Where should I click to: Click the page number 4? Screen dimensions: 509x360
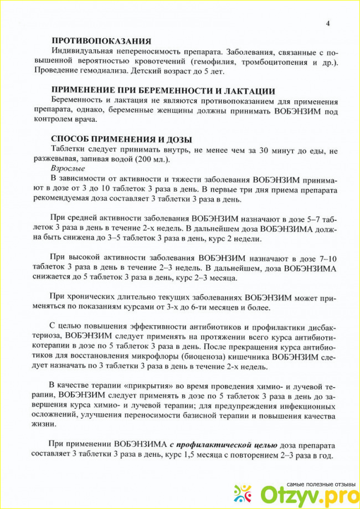point(327,23)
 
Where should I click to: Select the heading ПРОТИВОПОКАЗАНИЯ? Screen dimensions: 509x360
point(101,40)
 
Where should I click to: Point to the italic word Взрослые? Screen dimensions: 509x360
point(68,167)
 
